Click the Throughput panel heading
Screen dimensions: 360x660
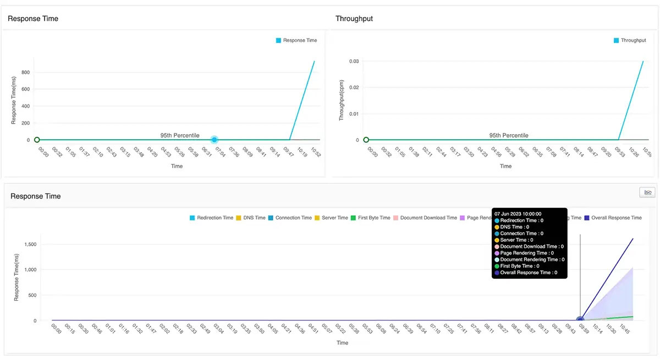point(354,19)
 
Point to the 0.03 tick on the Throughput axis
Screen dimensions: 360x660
point(354,62)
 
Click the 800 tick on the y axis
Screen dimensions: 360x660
point(25,72)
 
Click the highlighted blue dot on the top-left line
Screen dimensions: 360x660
point(215,140)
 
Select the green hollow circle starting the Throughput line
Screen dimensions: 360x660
point(366,140)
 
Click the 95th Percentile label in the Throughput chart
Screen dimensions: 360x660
point(509,135)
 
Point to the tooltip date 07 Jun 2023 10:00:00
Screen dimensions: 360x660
point(518,213)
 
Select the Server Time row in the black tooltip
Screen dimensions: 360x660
point(516,240)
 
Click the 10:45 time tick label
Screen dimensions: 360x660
point(623,329)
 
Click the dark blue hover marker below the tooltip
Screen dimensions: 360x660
point(580,320)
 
